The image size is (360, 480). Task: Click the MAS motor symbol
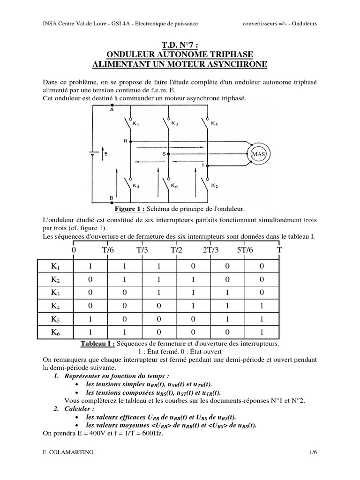tap(259, 154)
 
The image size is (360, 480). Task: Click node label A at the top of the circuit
tap(112, 111)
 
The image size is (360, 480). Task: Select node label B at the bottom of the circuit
tap(112, 198)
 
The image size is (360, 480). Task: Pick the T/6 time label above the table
tap(108, 250)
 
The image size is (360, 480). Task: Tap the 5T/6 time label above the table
tap(245, 250)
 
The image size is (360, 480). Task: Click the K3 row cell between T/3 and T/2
tap(159, 293)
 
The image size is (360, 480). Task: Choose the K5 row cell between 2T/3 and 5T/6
tap(227, 320)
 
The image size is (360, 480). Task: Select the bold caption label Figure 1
tap(129, 208)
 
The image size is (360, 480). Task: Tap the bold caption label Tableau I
tap(97, 344)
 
